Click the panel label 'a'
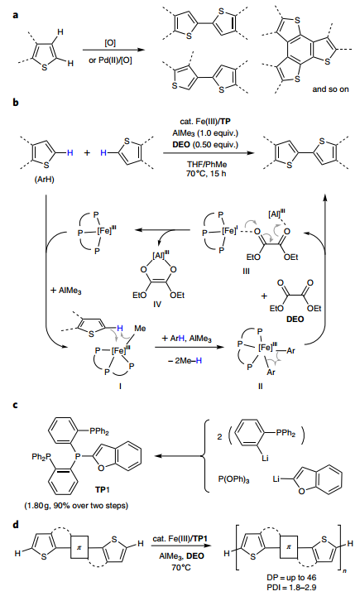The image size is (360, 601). pos(16,16)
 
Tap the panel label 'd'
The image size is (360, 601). pos(16,524)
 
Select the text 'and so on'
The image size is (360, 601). pos(330,89)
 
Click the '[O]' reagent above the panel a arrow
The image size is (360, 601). pos(110,43)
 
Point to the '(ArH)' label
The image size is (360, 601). pos(44,179)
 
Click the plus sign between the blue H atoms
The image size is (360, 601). pos(88,153)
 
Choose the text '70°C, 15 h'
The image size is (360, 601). pos(209,173)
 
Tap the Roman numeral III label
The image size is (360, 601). pos(246,271)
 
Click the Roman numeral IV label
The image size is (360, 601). pos(157,304)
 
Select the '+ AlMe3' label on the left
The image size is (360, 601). pos(66,291)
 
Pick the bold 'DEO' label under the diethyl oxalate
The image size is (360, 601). pos(295,319)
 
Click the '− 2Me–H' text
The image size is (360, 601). pos(185,361)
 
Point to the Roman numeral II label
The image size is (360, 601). pos(260,386)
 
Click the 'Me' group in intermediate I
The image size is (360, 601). pos(140,329)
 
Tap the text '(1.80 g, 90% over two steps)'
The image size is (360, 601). pos(76,506)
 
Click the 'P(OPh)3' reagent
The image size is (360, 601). pos(233,479)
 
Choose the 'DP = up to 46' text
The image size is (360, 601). pos(292,577)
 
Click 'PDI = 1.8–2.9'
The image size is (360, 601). pos(292,587)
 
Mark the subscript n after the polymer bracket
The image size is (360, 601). pos(345,570)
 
